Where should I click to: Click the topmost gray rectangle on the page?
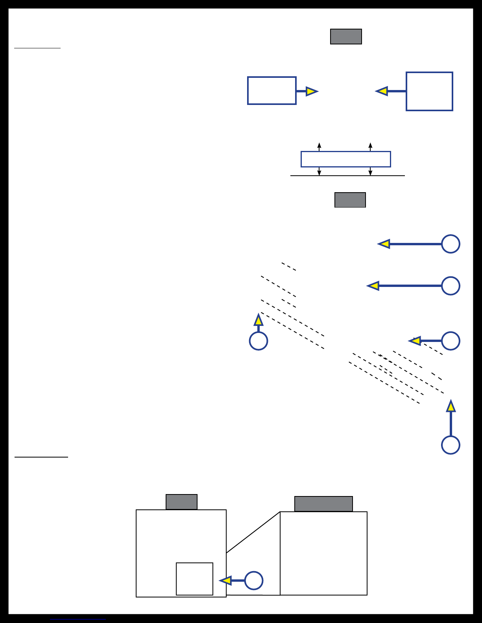tap(346, 37)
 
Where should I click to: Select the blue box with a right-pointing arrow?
tap(271, 91)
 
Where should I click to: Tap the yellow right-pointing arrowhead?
tap(311, 91)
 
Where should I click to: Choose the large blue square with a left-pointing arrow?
tap(429, 91)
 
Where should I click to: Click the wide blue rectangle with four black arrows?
tap(345, 159)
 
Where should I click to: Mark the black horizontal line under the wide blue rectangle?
tap(347, 176)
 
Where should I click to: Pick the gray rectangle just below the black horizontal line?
tap(350, 200)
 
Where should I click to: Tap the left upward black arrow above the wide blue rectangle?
tap(319, 146)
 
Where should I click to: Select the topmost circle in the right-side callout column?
tap(451, 244)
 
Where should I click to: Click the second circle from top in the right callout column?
tap(451, 286)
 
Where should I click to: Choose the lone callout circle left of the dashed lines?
tap(259, 341)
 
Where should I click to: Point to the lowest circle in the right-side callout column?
tap(451, 445)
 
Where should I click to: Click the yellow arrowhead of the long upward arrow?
tap(451, 406)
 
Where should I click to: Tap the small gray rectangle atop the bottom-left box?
tap(181, 502)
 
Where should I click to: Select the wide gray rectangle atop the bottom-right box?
tap(323, 504)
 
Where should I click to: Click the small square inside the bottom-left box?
tap(194, 579)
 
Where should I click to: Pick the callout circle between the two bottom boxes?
tap(254, 581)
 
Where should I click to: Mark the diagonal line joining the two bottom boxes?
tap(253, 533)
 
